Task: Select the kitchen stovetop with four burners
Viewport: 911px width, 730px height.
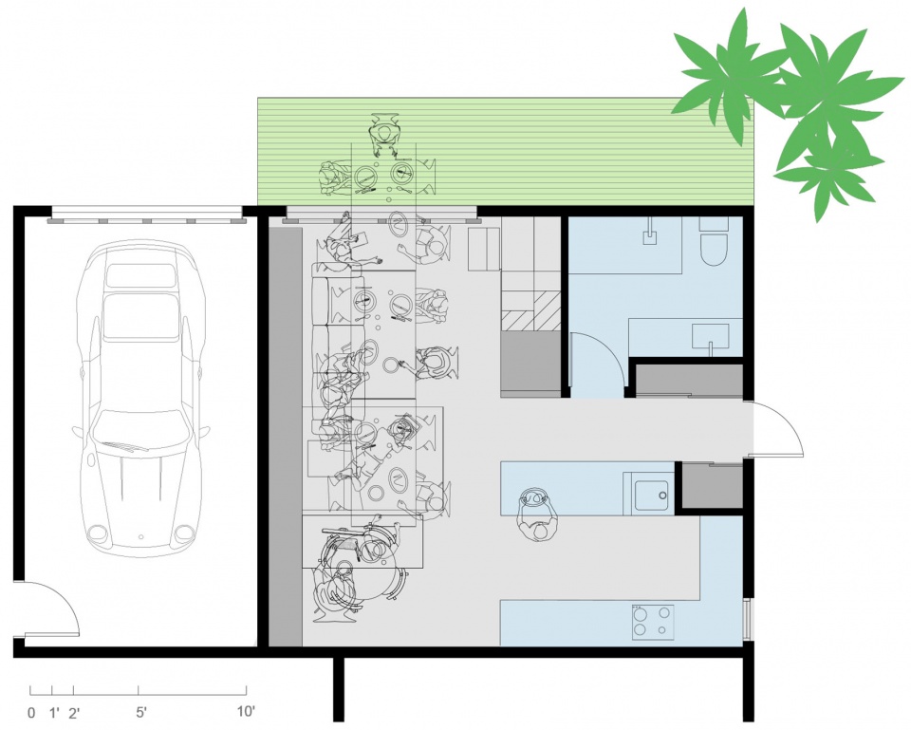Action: click(653, 621)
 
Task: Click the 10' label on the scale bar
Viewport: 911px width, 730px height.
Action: click(245, 711)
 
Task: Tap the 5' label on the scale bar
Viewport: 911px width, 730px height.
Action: click(139, 711)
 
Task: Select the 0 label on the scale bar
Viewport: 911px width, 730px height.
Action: click(31, 711)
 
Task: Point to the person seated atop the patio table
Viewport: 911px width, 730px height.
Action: click(384, 135)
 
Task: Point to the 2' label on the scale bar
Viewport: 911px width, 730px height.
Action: click(73, 711)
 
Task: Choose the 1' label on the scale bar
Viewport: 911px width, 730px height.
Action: click(53, 711)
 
